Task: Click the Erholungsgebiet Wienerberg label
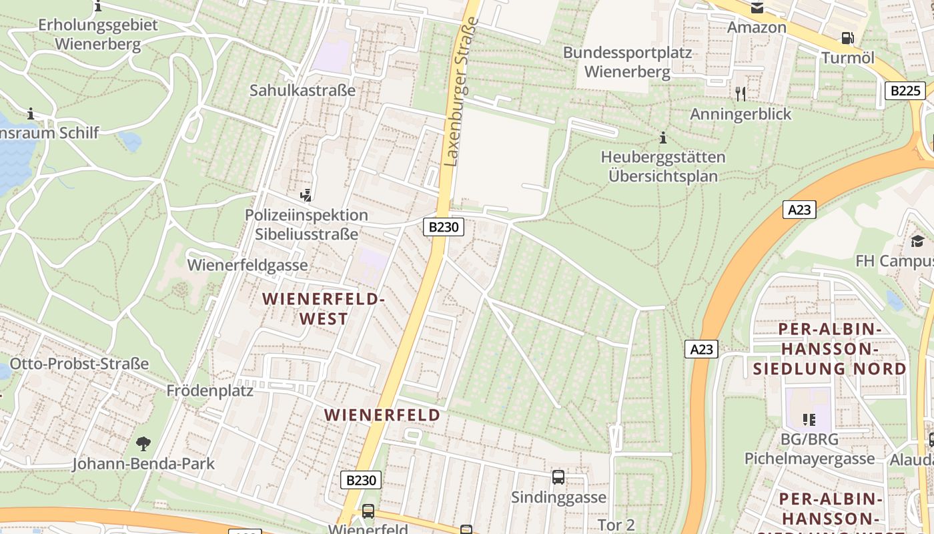click(x=98, y=35)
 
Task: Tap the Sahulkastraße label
click(x=302, y=90)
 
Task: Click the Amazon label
click(x=757, y=27)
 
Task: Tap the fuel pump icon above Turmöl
click(x=847, y=39)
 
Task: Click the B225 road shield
click(x=905, y=90)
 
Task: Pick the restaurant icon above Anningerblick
click(x=741, y=93)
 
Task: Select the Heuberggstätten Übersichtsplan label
click(x=663, y=167)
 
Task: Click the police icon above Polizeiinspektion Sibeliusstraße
click(x=306, y=195)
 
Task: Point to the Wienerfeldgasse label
click(x=248, y=265)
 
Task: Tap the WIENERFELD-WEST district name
click(x=324, y=308)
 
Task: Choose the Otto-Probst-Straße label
click(x=79, y=364)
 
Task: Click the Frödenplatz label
click(x=210, y=390)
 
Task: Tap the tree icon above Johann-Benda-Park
click(x=143, y=443)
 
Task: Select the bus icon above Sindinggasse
click(x=558, y=477)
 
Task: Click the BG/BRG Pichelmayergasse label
click(x=809, y=449)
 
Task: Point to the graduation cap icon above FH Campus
click(x=918, y=241)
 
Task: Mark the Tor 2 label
click(x=616, y=525)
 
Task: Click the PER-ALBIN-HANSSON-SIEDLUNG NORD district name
click(x=830, y=348)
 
